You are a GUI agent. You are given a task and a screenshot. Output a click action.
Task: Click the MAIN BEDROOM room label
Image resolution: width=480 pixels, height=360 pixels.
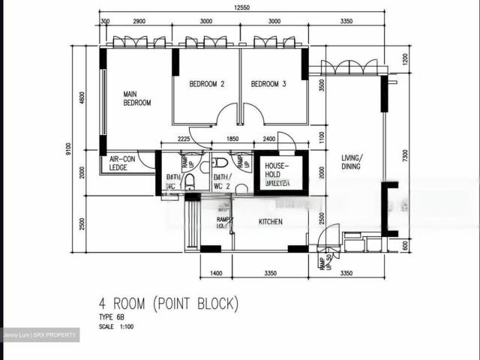pyautogui.click(x=137, y=98)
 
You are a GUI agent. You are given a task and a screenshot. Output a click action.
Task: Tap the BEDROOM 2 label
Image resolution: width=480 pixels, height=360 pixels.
pyautogui.click(x=206, y=84)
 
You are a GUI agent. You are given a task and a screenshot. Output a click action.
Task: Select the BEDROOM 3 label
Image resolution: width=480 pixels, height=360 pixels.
pyautogui.click(x=268, y=84)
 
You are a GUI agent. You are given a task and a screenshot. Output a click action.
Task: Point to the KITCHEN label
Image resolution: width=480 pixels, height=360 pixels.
pyautogui.click(x=271, y=223)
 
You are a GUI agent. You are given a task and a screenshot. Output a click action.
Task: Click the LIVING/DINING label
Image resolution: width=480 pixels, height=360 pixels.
pyautogui.click(x=351, y=162)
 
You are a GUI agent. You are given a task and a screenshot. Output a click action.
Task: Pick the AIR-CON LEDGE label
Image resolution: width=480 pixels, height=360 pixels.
pyautogui.click(x=122, y=163)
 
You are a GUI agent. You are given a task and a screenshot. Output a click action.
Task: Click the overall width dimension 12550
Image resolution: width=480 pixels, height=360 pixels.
pyautogui.click(x=241, y=7)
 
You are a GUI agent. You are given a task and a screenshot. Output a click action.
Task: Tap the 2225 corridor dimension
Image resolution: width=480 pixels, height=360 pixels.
pyautogui.click(x=178, y=139)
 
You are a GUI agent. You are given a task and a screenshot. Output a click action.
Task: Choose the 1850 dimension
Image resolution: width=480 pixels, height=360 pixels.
pyautogui.click(x=232, y=139)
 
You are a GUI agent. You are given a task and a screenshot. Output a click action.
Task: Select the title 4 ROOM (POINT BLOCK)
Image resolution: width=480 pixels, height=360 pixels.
pyautogui.click(x=169, y=304)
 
